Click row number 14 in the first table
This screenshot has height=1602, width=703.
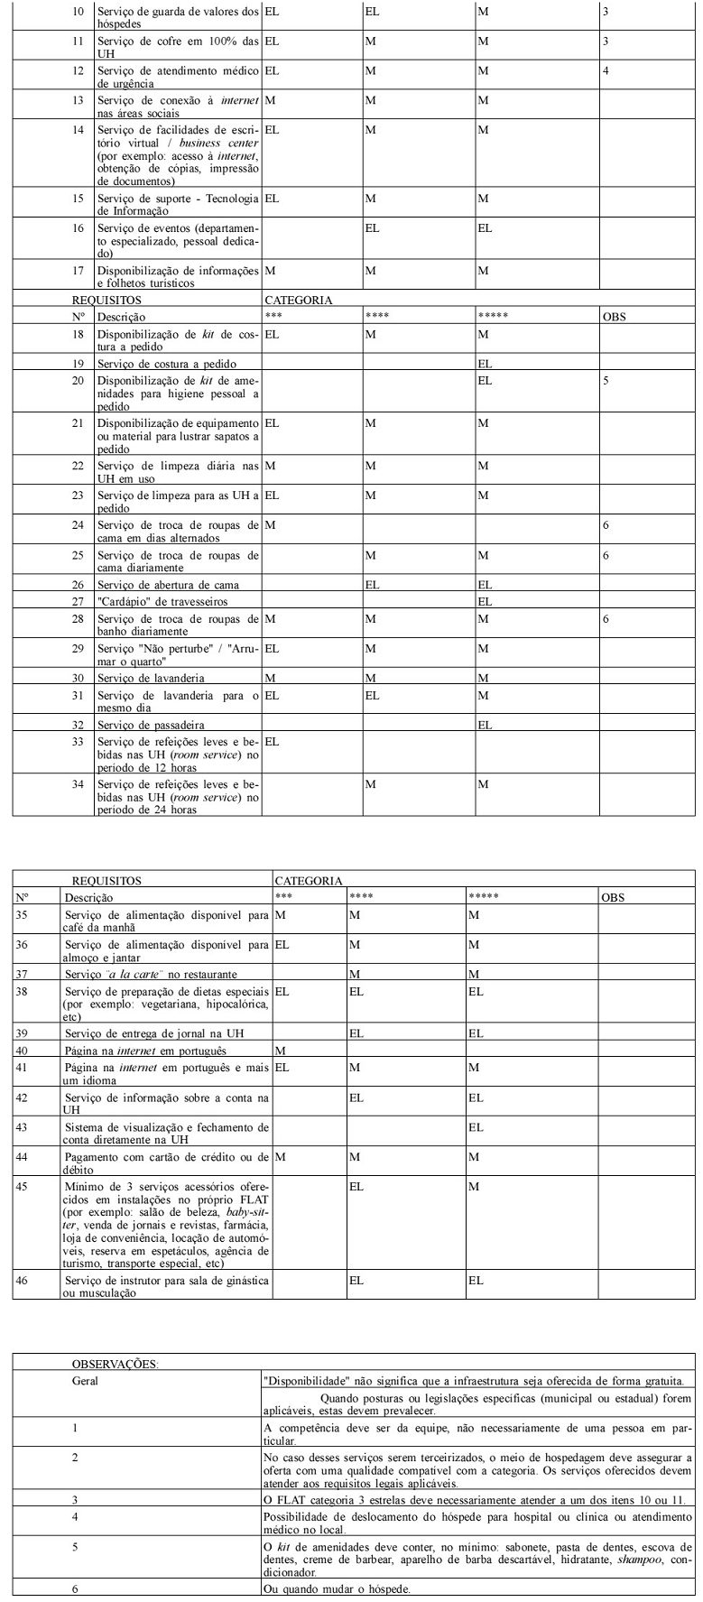(x=78, y=130)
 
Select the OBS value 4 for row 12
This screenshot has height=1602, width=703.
(x=606, y=70)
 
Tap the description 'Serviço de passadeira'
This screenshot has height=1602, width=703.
(x=151, y=725)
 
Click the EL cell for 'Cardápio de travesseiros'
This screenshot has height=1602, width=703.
(x=485, y=601)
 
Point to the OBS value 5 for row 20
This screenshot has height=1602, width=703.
(x=606, y=381)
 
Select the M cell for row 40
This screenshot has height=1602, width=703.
(x=280, y=1051)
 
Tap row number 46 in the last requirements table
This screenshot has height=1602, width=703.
(x=23, y=1280)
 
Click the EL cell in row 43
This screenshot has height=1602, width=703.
(x=476, y=1127)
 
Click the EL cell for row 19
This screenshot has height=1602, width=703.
(x=485, y=364)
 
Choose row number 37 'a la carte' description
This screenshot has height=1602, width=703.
(x=151, y=975)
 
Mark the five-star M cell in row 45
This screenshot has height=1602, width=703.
(x=473, y=1186)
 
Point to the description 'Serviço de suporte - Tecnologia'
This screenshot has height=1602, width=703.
(x=178, y=199)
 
